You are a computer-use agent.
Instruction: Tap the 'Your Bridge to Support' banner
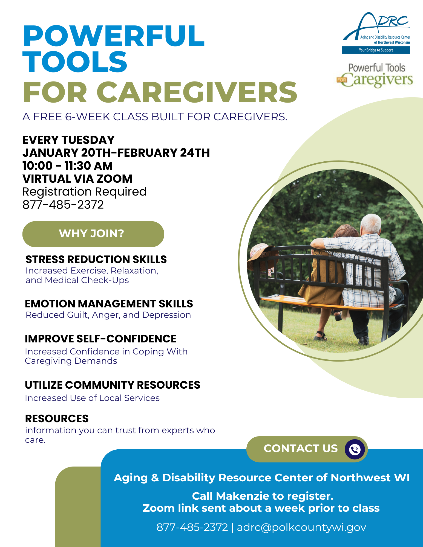pyautogui.click(x=376, y=50)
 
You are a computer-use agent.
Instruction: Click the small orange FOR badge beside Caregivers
pyautogui.click(x=342, y=80)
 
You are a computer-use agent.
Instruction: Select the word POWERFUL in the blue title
pyautogui.click(x=114, y=36)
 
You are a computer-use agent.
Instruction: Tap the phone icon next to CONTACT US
pyautogui.click(x=355, y=449)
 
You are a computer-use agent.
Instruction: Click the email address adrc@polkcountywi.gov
pyautogui.click(x=301, y=527)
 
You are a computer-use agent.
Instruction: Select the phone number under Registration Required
pyautogui.click(x=63, y=205)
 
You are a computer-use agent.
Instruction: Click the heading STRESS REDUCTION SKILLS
pyautogui.click(x=96, y=259)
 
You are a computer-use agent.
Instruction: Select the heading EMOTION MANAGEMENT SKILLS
pyautogui.click(x=109, y=304)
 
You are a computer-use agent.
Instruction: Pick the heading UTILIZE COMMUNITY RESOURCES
pyautogui.click(x=113, y=385)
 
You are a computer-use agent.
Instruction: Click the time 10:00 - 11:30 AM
pyautogui.click(x=68, y=166)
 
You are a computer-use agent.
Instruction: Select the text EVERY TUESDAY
pyautogui.click(x=68, y=140)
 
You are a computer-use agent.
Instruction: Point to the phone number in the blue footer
pyautogui.click(x=192, y=527)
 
